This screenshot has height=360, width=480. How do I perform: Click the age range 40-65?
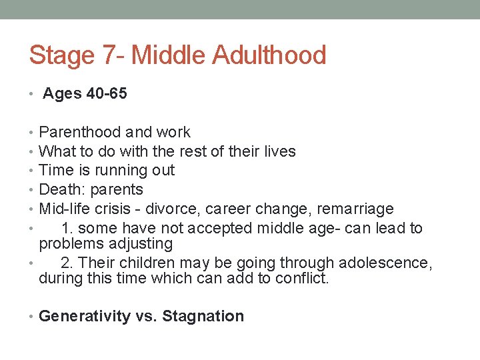pyautogui.click(x=107, y=94)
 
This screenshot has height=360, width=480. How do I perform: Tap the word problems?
pyautogui.click(x=70, y=244)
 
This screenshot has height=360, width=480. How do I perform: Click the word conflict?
pyautogui.click(x=303, y=279)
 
